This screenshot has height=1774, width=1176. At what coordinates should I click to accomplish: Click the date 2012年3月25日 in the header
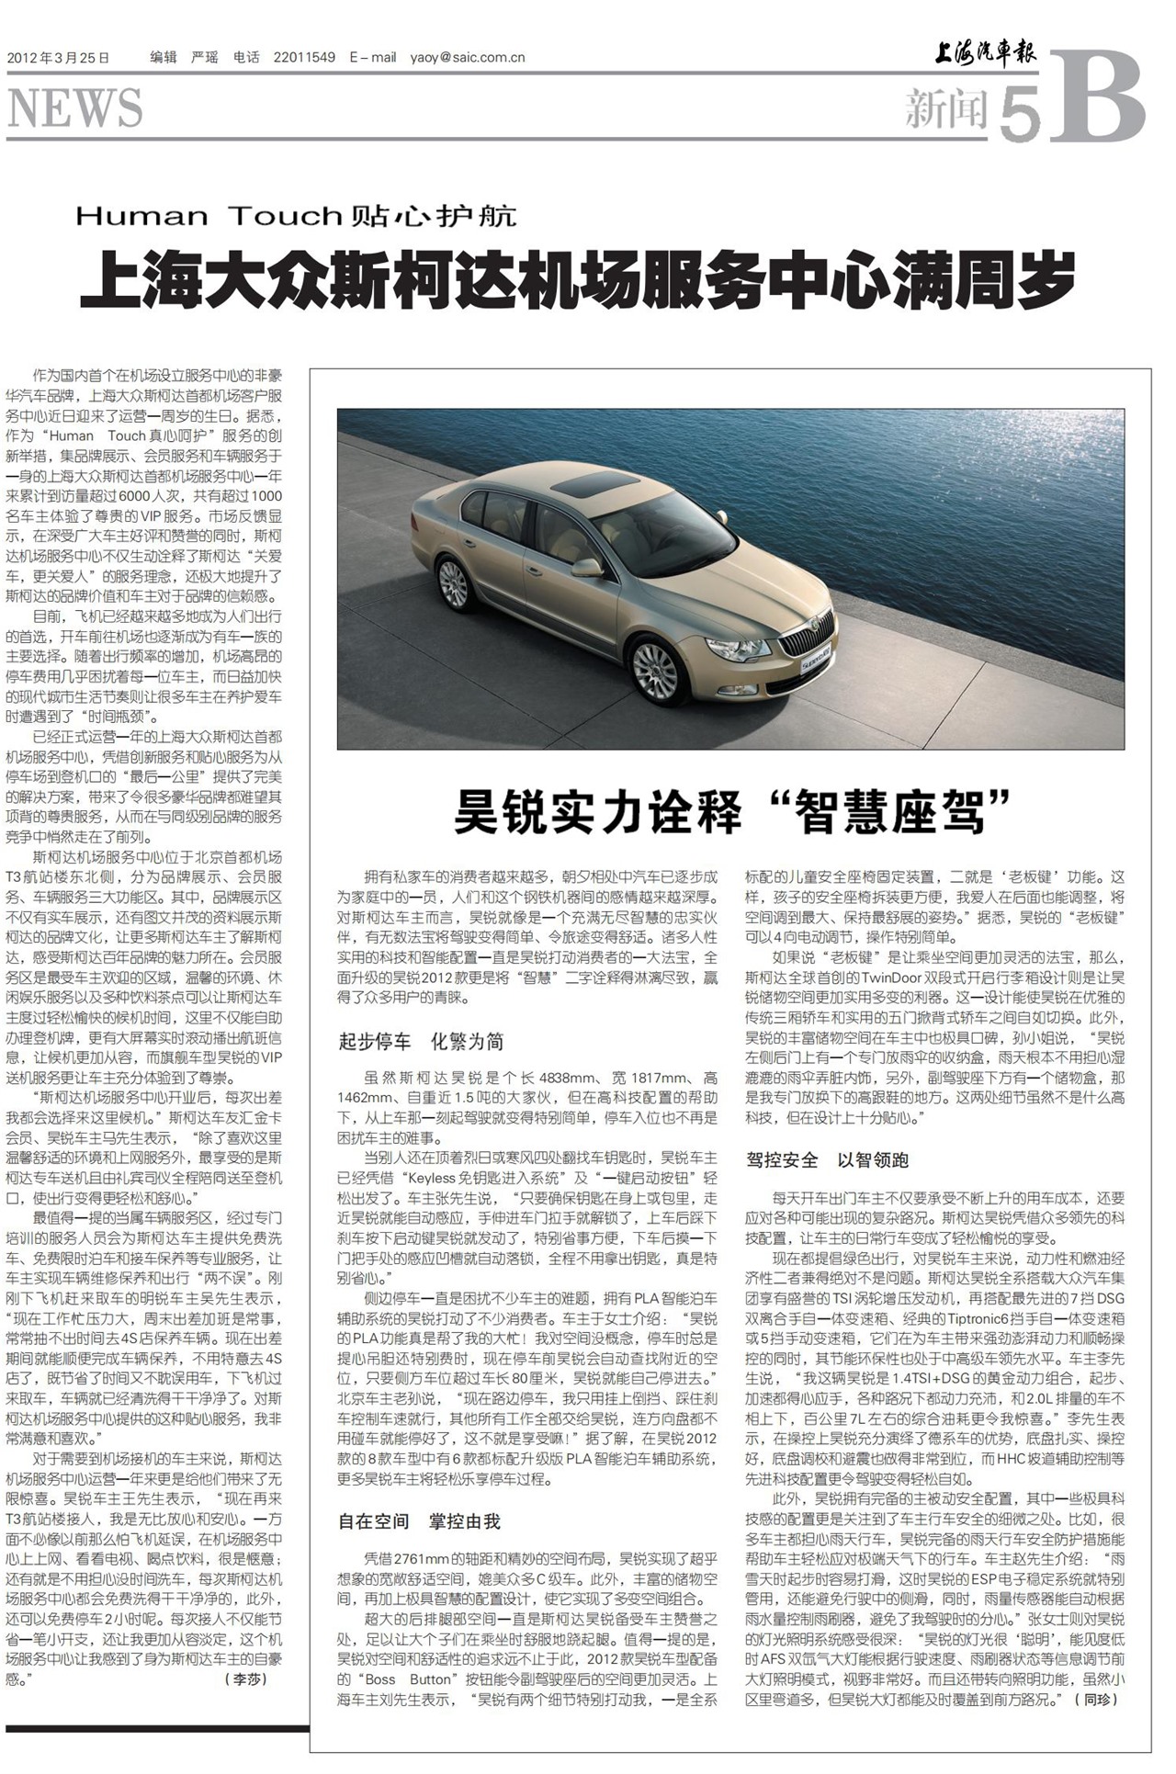coord(58,58)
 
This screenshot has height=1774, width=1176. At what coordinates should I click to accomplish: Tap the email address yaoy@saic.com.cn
coord(468,58)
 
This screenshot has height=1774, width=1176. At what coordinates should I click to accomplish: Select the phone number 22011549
coord(304,58)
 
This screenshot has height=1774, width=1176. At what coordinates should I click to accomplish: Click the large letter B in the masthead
coord(1098,98)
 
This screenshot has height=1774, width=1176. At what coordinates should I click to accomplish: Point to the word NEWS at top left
coord(75,109)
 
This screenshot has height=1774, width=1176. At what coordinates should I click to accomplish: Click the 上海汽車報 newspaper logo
coord(985,55)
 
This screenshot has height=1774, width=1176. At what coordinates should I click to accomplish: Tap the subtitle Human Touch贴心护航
coord(296,216)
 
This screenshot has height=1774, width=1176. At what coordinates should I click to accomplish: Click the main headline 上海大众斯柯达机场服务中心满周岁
coord(578,278)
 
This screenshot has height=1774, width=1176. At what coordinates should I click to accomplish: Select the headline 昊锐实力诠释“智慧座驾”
coord(731,811)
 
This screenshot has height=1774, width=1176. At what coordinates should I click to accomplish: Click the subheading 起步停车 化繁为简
coord(421,1042)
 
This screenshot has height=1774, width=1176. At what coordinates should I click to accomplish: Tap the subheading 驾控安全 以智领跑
coord(827,1160)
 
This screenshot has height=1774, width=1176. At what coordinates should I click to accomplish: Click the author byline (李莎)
coord(245,1678)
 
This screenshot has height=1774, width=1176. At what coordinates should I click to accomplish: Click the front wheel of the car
coord(655,672)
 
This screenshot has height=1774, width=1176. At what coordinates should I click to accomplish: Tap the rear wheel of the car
coord(453,582)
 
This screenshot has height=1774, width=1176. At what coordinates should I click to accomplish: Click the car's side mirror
coord(586,568)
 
